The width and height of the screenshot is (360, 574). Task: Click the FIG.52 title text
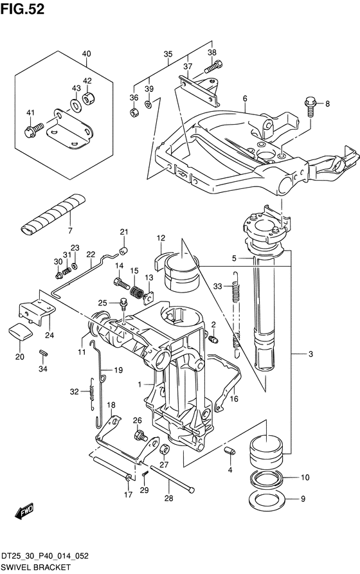(22, 9)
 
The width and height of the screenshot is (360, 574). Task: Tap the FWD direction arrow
(24, 512)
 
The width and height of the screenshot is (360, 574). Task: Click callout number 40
(86, 54)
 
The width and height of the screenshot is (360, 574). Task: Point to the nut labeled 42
(88, 98)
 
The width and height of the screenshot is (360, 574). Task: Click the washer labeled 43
(75, 105)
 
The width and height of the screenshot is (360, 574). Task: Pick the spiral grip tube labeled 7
(53, 214)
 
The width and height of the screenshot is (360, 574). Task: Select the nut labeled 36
(134, 112)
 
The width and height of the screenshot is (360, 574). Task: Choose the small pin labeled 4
(230, 451)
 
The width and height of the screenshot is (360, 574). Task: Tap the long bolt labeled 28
(172, 480)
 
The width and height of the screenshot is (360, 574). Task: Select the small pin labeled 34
(43, 352)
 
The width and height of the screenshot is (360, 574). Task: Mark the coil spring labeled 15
(137, 292)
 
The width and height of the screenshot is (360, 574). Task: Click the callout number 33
(217, 286)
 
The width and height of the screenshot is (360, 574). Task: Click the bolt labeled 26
(141, 436)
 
